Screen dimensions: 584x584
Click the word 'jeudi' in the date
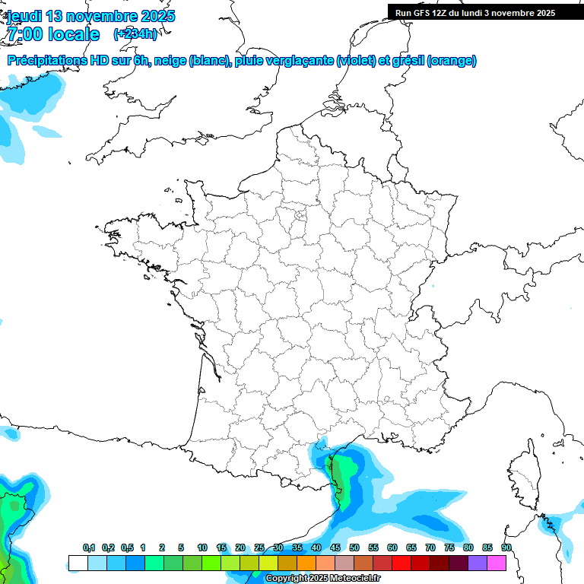pos(25,16)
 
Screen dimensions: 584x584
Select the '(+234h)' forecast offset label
pos(135,33)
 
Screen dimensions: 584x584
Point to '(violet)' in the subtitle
pos(356,61)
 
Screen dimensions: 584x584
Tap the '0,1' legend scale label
pos(89,547)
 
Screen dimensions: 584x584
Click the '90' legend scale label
pos(506,547)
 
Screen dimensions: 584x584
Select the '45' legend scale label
pos(335,547)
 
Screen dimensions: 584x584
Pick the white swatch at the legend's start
pos(78,563)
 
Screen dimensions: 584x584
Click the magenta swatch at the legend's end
pos(497,563)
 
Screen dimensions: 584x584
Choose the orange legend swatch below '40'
pos(306,563)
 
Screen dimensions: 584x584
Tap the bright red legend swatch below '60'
pos(401,563)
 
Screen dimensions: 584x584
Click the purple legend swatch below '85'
pos(478,563)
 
